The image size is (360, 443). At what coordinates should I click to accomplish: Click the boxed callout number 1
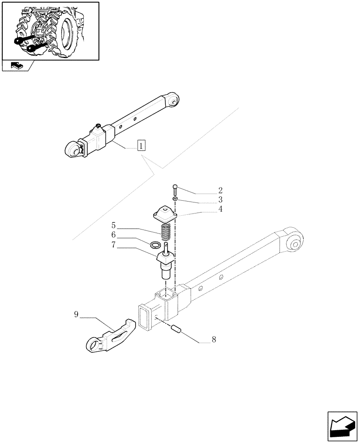141,145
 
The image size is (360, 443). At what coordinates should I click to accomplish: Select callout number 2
220,191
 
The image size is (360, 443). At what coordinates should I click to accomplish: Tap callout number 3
220,199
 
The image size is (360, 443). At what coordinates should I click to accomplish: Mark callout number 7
114,244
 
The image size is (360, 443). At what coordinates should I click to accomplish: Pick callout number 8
214,340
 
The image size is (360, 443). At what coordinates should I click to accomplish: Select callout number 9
76,315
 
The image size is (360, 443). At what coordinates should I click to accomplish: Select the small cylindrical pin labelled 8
176,330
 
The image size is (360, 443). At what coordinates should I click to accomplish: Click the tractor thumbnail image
50,31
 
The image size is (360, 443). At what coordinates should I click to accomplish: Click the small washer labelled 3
176,200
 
